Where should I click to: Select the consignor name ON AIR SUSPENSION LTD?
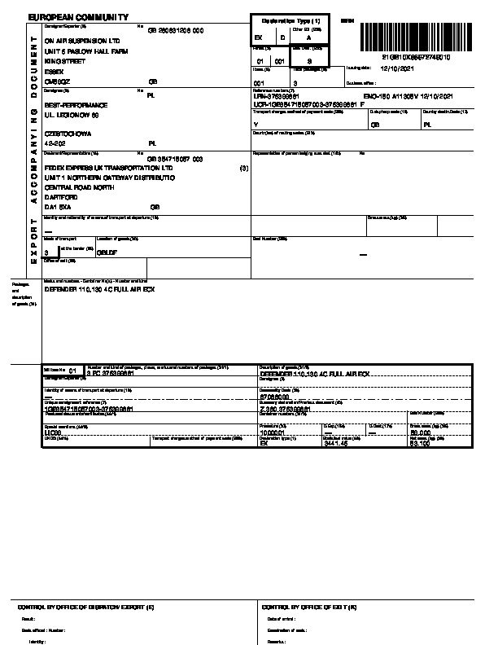(x=82, y=40)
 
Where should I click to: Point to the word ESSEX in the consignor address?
(x=54, y=72)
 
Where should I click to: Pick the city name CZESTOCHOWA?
(x=68, y=133)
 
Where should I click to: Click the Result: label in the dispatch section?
(x=28, y=620)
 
